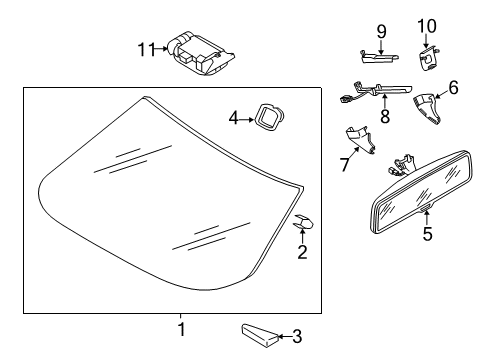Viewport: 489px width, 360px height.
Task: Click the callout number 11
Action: click(x=147, y=50)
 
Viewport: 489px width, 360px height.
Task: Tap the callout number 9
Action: click(x=382, y=32)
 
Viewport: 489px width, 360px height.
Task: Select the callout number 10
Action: click(x=427, y=26)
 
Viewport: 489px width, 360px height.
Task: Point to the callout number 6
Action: click(x=453, y=88)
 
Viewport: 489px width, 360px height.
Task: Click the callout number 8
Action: click(x=385, y=116)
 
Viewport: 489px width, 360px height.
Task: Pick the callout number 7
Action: click(x=344, y=165)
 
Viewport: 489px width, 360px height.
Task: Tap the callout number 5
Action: click(x=428, y=233)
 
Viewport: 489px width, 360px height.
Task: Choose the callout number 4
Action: click(x=234, y=118)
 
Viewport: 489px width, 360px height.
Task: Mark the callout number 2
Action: click(x=302, y=252)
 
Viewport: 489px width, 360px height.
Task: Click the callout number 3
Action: click(x=297, y=336)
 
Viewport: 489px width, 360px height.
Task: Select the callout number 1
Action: click(x=181, y=329)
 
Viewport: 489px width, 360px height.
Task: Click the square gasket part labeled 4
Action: click(x=269, y=116)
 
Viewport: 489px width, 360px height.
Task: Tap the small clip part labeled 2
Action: click(x=303, y=222)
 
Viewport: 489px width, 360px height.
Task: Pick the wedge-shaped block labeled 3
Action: click(x=259, y=335)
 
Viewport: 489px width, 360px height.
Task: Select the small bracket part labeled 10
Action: click(x=428, y=58)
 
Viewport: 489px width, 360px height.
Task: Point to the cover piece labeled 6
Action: click(x=427, y=108)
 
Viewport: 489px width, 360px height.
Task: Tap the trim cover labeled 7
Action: click(x=360, y=139)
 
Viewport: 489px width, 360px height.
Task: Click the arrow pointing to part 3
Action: click(x=285, y=336)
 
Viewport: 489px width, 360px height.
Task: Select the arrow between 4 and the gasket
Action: click(x=247, y=119)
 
